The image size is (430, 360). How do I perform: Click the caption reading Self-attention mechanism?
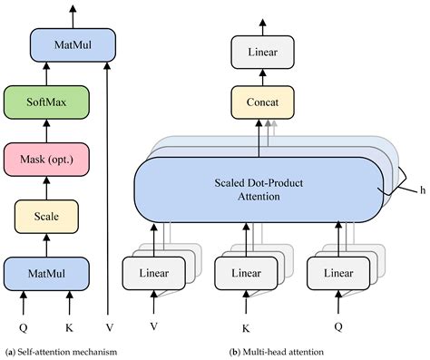point(67,351)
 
